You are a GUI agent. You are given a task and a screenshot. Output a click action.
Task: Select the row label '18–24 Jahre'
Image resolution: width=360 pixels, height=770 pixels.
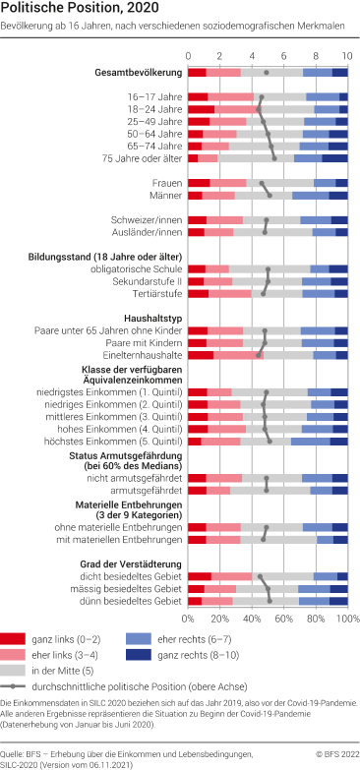pyautogui.click(x=154, y=109)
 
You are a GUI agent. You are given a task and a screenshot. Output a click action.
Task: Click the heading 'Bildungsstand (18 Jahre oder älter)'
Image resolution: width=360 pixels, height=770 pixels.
pyautogui.click(x=109, y=256)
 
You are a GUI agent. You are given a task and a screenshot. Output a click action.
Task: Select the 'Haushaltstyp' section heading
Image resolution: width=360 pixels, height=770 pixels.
pyautogui.click(x=151, y=318)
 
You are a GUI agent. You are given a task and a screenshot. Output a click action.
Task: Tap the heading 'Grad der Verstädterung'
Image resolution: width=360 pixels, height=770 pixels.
pyautogui.click(x=128, y=562)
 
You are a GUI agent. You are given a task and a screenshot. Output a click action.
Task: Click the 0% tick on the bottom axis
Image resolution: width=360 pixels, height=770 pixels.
pyautogui.click(x=188, y=620)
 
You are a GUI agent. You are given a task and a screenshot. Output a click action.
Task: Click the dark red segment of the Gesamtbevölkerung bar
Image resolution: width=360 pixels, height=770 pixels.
pyautogui.click(x=197, y=73)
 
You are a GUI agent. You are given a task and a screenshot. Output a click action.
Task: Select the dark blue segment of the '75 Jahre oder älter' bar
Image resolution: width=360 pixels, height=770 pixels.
pyautogui.click(x=334, y=157)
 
